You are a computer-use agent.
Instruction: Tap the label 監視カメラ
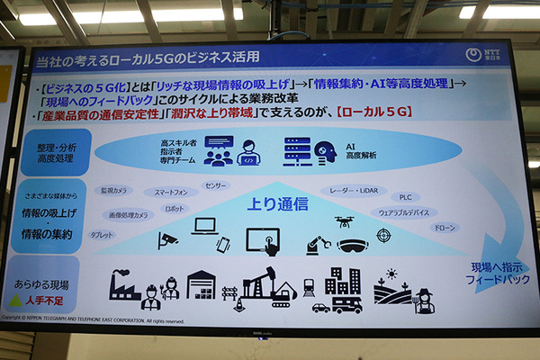[116, 190]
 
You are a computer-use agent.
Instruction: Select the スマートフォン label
[171, 192]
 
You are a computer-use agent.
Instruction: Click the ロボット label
[174, 208]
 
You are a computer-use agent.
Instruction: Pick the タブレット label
[103, 235]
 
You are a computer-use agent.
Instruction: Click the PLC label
[405, 197]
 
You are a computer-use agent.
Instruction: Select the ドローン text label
[445, 229]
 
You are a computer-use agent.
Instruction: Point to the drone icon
[345, 221]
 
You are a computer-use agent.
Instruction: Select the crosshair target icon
[384, 236]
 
